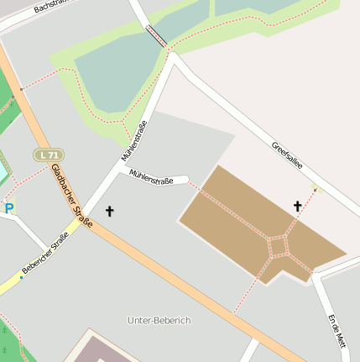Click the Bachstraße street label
(x=50, y=8)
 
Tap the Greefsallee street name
(x=286, y=158)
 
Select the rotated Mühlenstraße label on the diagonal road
(x=134, y=139)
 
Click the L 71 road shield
(x=50, y=155)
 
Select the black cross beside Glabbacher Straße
(x=109, y=211)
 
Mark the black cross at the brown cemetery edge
(x=297, y=206)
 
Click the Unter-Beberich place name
(x=159, y=321)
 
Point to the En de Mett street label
(x=337, y=331)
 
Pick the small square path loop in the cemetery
(x=278, y=246)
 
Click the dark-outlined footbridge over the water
(x=157, y=35)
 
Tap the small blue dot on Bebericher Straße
(x=22, y=276)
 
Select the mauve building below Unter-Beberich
(x=101, y=349)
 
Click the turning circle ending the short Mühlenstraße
(x=183, y=179)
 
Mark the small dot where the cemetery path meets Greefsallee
(x=316, y=190)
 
